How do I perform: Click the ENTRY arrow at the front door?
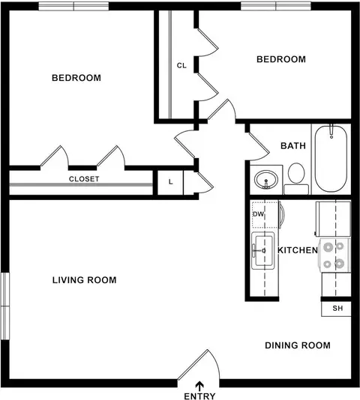tap(199, 386)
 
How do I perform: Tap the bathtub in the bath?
tap(331, 158)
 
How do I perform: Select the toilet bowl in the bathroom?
tap(296, 173)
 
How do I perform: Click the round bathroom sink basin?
tap(266, 179)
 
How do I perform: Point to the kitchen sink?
tap(263, 250)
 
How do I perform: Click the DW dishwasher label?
tap(258, 214)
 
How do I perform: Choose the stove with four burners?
tap(334, 255)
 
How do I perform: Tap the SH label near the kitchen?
tap(337, 309)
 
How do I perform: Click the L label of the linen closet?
tap(171, 182)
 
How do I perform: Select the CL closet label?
tap(181, 66)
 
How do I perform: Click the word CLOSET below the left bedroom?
tap(84, 179)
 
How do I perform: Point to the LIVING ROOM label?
tap(84, 280)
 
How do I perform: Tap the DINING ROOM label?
tap(298, 345)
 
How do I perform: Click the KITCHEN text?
tap(298, 250)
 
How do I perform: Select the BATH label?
tap(293, 146)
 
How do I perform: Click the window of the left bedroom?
tap(73, 6)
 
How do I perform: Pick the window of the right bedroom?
tap(276, 6)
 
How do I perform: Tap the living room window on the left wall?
tap(5, 306)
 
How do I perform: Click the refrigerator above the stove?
tap(333, 219)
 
